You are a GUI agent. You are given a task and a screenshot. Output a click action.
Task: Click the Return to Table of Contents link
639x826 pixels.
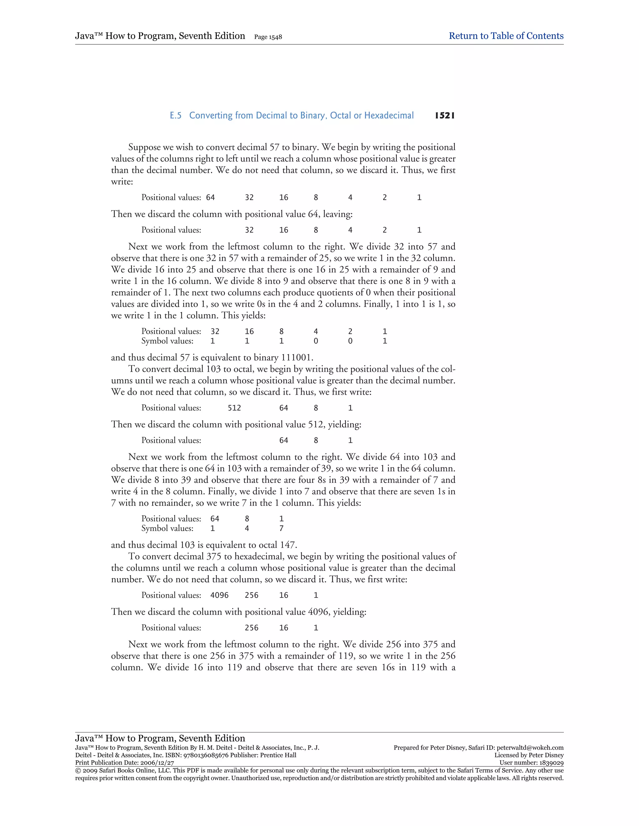506,36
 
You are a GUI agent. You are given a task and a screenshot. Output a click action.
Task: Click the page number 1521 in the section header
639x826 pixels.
445,115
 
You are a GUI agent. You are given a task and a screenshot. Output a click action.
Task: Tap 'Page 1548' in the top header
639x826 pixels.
268,37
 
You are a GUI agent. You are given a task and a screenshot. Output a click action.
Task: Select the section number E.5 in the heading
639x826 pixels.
176,115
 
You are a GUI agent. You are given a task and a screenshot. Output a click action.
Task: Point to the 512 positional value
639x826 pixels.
234,408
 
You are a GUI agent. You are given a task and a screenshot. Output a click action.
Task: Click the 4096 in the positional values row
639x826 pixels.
220,595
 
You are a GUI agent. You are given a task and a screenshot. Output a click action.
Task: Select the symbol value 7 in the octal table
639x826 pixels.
281,528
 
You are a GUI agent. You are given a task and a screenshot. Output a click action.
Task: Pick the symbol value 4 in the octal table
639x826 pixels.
247,528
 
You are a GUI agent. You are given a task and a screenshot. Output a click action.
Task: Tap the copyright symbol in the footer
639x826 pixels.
78,771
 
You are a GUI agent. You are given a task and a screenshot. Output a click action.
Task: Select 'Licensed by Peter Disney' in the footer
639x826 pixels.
529,755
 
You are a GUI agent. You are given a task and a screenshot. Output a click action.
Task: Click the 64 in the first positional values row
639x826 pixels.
211,197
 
